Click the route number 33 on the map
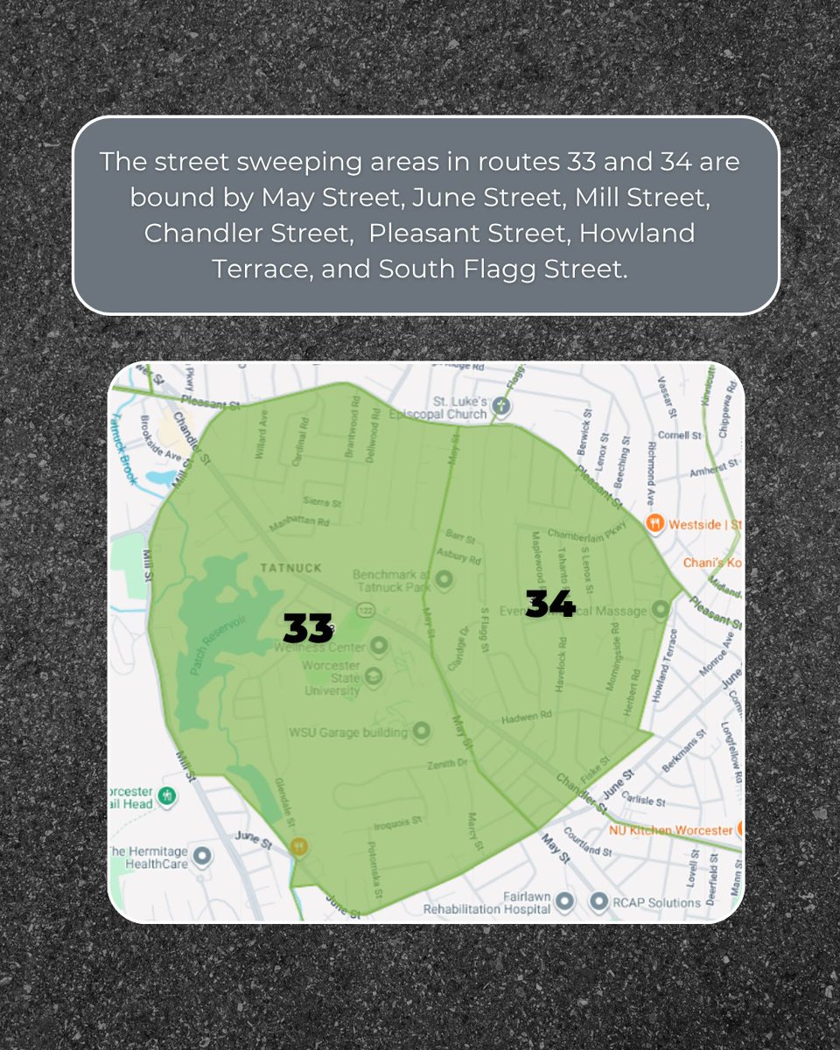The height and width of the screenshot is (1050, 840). coord(308,628)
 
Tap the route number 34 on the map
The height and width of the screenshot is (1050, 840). coord(550,604)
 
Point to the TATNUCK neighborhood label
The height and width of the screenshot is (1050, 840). coord(291,568)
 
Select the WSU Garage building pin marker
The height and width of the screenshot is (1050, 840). coord(421,729)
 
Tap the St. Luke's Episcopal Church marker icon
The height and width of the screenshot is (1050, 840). coord(500,405)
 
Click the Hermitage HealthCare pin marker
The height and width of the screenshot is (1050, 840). coord(203,855)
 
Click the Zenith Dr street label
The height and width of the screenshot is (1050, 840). coord(446,764)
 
